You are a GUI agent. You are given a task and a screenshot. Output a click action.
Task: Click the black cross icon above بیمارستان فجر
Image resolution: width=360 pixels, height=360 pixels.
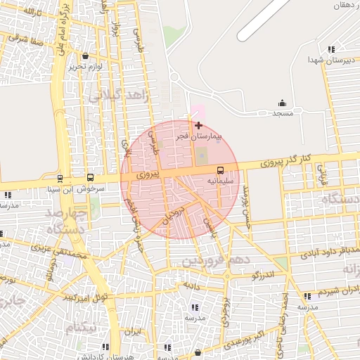[198, 125]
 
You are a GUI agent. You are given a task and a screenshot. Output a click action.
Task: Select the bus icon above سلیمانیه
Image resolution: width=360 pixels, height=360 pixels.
[220, 170]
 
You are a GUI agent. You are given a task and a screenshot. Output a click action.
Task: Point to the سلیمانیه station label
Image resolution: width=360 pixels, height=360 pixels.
[219, 181]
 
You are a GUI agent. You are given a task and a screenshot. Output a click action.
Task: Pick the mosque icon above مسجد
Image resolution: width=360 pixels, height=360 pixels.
[283, 103]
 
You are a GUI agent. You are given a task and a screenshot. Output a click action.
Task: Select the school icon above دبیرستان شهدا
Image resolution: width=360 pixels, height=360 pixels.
[330, 49]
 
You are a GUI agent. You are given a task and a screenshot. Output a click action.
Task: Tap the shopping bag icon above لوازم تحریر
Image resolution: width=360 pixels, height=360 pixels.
[86, 56]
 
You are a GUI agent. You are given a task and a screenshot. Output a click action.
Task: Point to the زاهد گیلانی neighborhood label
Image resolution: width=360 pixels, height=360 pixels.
[118, 95]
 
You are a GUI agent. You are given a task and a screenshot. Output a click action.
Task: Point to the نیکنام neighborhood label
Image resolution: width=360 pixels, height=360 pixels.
[82, 328]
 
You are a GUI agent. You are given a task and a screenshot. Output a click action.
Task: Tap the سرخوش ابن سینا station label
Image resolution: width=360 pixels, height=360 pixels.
[81, 189]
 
